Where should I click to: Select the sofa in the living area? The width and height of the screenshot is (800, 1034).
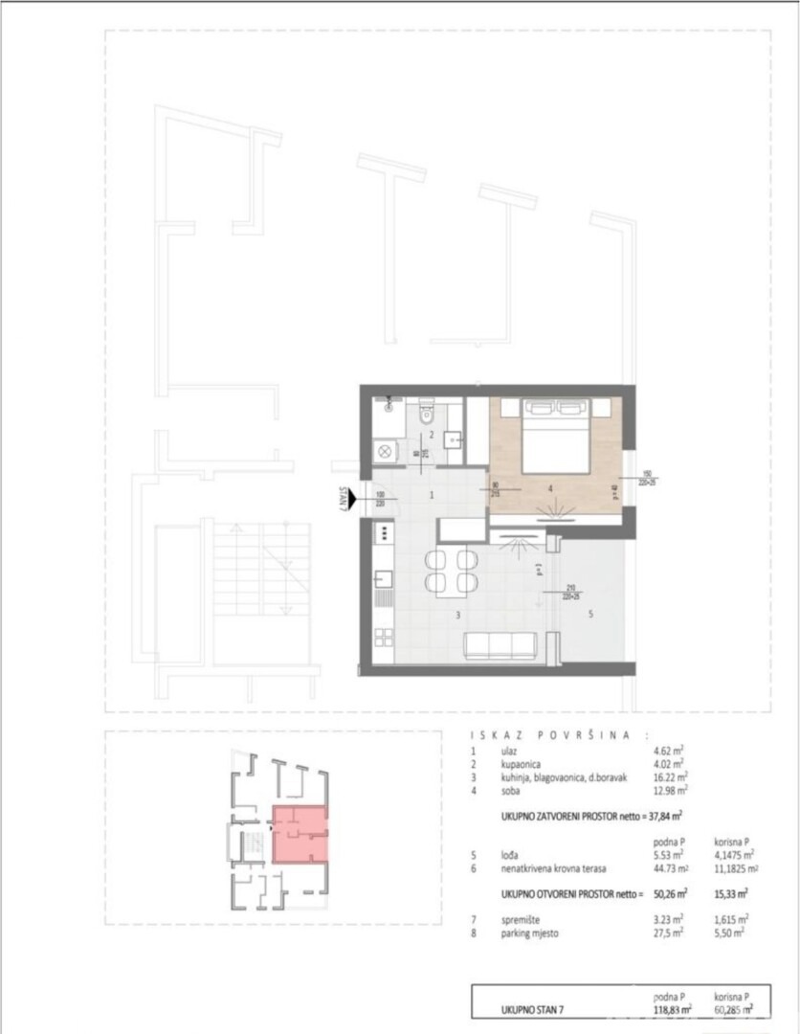point(500,646)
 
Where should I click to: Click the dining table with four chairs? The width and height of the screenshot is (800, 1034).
point(451,572)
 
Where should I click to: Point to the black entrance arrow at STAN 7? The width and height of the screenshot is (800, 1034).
point(353,498)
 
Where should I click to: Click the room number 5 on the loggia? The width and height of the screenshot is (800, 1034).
point(590,615)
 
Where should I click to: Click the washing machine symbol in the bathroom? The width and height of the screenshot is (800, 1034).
point(384,449)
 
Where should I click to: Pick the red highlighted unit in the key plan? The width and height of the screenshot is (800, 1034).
point(300,834)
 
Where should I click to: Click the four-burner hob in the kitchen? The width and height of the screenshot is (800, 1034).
point(384,531)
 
